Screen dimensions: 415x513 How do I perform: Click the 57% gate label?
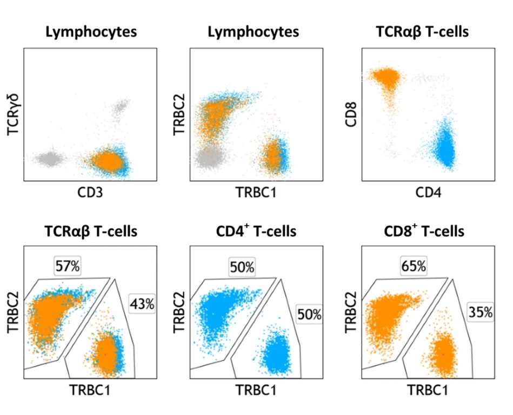pos(67,266)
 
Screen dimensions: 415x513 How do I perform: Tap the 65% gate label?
pos(413,266)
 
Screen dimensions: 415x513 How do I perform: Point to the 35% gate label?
pos(480,311)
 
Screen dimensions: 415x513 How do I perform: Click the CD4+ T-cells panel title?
pos(253,232)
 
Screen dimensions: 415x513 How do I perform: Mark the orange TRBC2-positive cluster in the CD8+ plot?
pos(388,318)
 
